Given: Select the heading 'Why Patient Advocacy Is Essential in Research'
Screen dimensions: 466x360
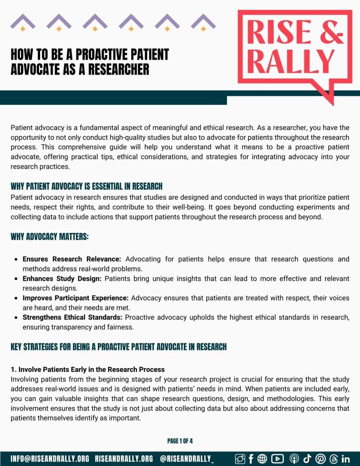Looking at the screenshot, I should (x=86, y=187).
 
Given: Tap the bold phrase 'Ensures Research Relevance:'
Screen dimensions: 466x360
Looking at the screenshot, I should (x=72, y=259).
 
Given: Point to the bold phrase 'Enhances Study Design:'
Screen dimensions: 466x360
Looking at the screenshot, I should (x=62, y=279).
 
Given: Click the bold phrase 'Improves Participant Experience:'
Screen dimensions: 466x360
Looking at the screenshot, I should (x=76, y=298).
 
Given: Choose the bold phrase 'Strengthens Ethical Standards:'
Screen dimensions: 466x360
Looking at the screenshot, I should (x=73, y=318).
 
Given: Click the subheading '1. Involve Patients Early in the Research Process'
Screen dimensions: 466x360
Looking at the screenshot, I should (x=88, y=369).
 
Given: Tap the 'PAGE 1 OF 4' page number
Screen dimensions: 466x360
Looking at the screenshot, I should (x=180, y=441).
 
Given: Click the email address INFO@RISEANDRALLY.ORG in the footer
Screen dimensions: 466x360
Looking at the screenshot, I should (x=50, y=459).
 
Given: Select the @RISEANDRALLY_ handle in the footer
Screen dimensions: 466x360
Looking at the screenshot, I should (x=187, y=459).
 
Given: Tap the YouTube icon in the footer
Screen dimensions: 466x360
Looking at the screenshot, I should (x=277, y=459).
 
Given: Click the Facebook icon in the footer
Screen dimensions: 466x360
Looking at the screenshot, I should (x=251, y=459).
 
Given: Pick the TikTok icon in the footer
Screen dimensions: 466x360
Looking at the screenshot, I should (x=307, y=459).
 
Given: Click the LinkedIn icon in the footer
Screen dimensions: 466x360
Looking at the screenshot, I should (x=345, y=459).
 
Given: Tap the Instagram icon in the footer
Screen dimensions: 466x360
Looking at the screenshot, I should (x=240, y=459).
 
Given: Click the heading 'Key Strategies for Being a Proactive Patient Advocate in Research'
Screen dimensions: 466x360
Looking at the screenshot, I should (x=118, y=347).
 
